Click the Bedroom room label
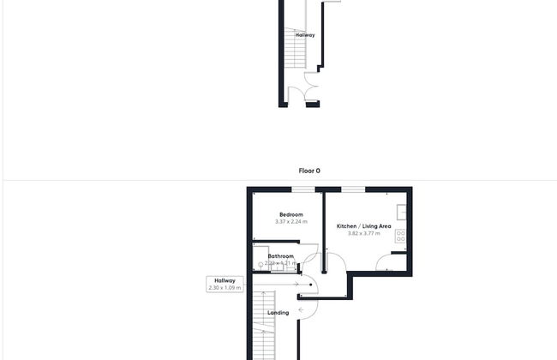click(290, 214)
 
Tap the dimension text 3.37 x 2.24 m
click(290, 222)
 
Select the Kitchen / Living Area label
click(364, 225)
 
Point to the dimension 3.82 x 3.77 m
click(364, 233)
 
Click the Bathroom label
click(281, 256)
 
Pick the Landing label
click(278, 313)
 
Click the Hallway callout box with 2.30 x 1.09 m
click(225, 284)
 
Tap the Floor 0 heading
click(309, 171)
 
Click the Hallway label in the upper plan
click(305, 35)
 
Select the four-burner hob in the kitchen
click(400, 233)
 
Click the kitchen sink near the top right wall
click(401, 211)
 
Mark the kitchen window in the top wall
click(353, 189)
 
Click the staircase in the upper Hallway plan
click(295, 48)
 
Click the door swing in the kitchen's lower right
click(385, 265)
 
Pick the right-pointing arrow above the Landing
click(296, 285)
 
